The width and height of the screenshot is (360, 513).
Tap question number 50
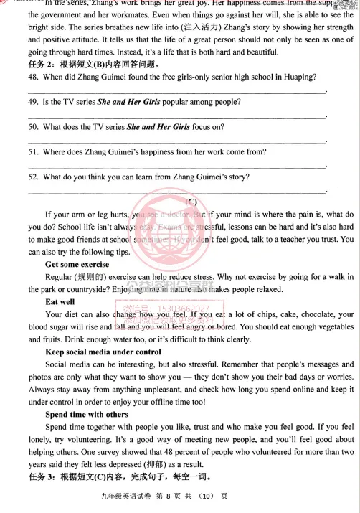[x=34, y=127]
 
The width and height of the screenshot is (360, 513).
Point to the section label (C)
[x=191, y=201]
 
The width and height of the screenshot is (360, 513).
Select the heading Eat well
[x=60, y=302]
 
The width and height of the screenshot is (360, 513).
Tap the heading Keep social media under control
[x=103, y=352]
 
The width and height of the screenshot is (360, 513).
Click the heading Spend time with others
[x=87, y=414]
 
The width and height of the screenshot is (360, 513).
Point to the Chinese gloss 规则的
[x=93, y=277]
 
